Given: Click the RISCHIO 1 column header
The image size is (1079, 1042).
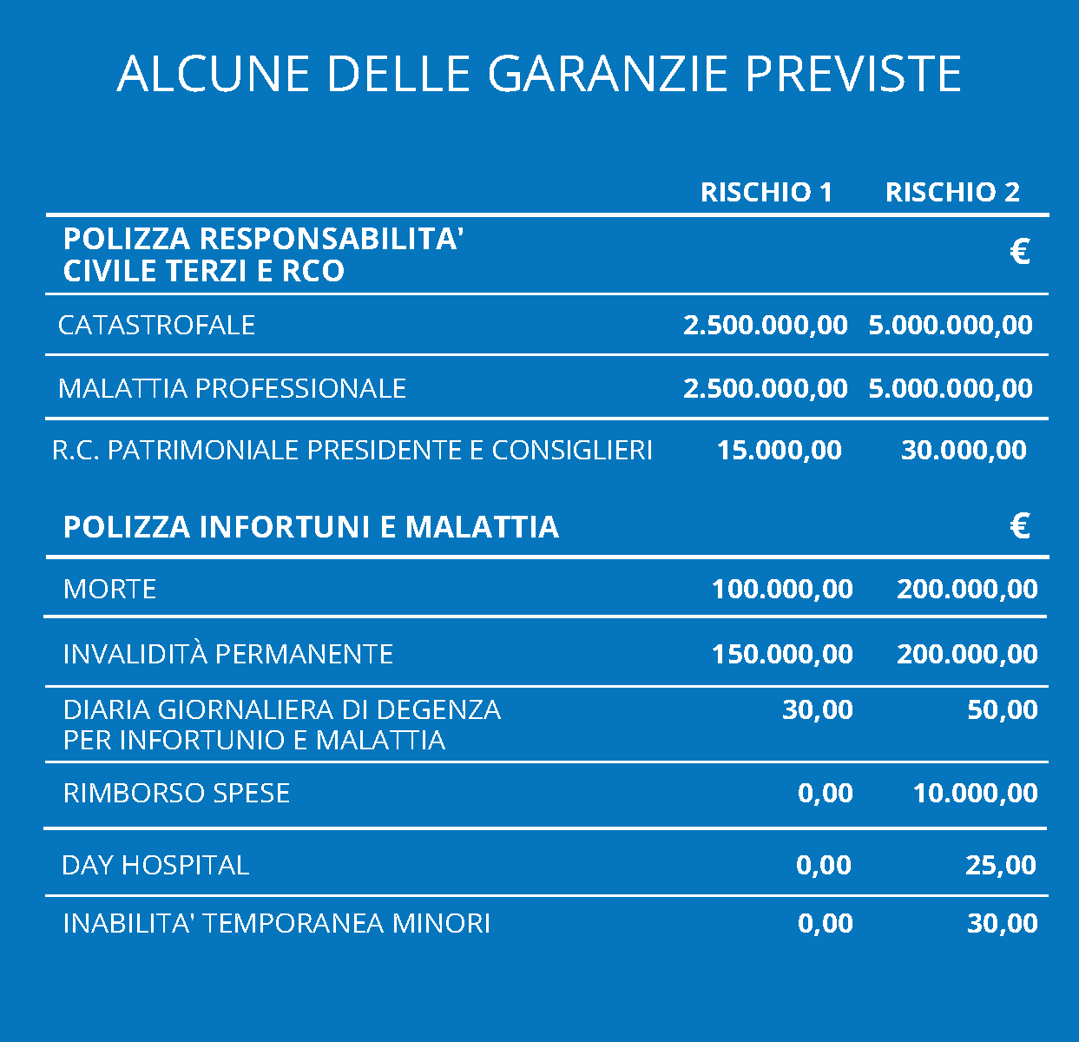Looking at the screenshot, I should (x=766, y=192).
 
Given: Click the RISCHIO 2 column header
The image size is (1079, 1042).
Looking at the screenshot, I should (x=952, y=192).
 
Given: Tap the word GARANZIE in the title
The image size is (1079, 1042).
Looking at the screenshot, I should (x=606, y=73).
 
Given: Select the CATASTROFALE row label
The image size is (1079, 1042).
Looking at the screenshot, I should (x=156, y=325).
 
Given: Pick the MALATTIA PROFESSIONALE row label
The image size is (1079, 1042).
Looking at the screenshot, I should (x=232, y=387).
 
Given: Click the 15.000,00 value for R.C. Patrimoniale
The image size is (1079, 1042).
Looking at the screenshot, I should (x=779, y=450).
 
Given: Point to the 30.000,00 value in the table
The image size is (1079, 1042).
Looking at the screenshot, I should (x=964, y=450).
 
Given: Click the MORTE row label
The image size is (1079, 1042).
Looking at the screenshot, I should (x=109, y=589).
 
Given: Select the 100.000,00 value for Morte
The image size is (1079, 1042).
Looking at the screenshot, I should (x=782, y=589).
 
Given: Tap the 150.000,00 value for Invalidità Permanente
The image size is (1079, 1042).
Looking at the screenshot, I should (x=782, y=653).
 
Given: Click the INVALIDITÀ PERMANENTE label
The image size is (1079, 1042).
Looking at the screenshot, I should (x=227, y=653).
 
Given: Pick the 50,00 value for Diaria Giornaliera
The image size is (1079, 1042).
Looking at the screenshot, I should (x=1002, y=709).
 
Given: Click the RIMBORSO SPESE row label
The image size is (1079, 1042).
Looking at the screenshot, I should (x=176, y=793).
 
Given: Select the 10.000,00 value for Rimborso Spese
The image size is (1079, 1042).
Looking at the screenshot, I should (x=975, y=793).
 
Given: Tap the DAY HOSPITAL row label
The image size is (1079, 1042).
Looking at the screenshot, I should (x=155, y=865).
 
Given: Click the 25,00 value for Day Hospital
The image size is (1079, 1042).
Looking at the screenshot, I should (x=1000, y=865).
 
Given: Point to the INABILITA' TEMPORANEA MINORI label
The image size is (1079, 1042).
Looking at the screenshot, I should (x=276, y=922).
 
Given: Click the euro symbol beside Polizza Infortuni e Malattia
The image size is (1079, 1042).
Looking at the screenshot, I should (x=1020, y=525).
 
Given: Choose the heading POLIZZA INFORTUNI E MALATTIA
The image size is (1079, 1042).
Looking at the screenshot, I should (x=311, y=527).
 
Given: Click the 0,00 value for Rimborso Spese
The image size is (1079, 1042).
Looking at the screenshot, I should (x=825, y=793).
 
